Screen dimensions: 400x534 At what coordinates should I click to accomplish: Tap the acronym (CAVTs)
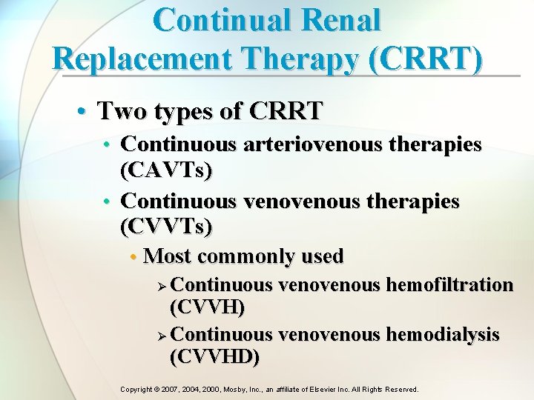coord(166,170)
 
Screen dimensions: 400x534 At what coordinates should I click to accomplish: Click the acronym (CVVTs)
coord(166,227)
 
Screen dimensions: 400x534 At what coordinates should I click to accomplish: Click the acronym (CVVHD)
coord(215,357)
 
